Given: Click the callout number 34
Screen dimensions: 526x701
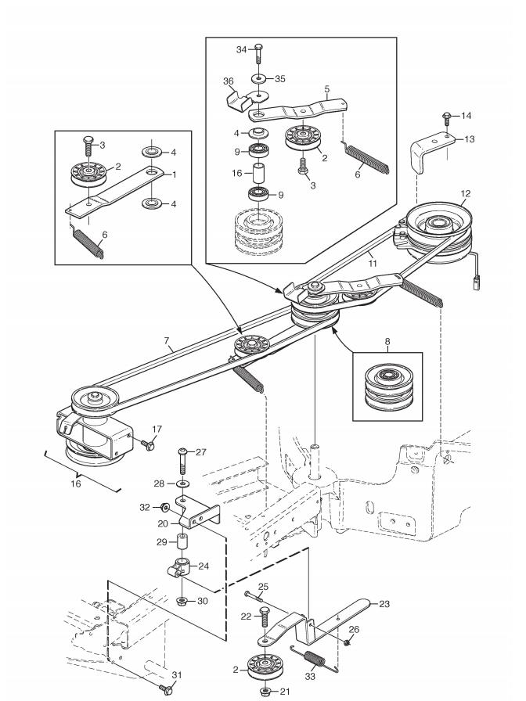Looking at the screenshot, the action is (241, 49).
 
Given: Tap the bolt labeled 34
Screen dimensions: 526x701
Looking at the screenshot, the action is (258, 54).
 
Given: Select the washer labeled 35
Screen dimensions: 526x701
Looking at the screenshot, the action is (258, 79).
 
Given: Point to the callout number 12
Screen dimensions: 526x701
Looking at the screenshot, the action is (466, 193).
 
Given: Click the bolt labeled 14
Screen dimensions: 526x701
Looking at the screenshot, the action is (447, 118).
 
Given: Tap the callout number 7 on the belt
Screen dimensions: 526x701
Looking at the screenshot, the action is (167, 341).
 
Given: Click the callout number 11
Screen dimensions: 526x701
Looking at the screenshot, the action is (372, 264).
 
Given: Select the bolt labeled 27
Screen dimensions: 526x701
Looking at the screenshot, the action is (184, 461).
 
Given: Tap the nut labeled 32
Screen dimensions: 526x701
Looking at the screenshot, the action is (164, 507).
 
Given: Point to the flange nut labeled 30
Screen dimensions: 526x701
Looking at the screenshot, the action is (182, 600).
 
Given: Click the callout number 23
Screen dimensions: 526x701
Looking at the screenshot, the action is (384, 603).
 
